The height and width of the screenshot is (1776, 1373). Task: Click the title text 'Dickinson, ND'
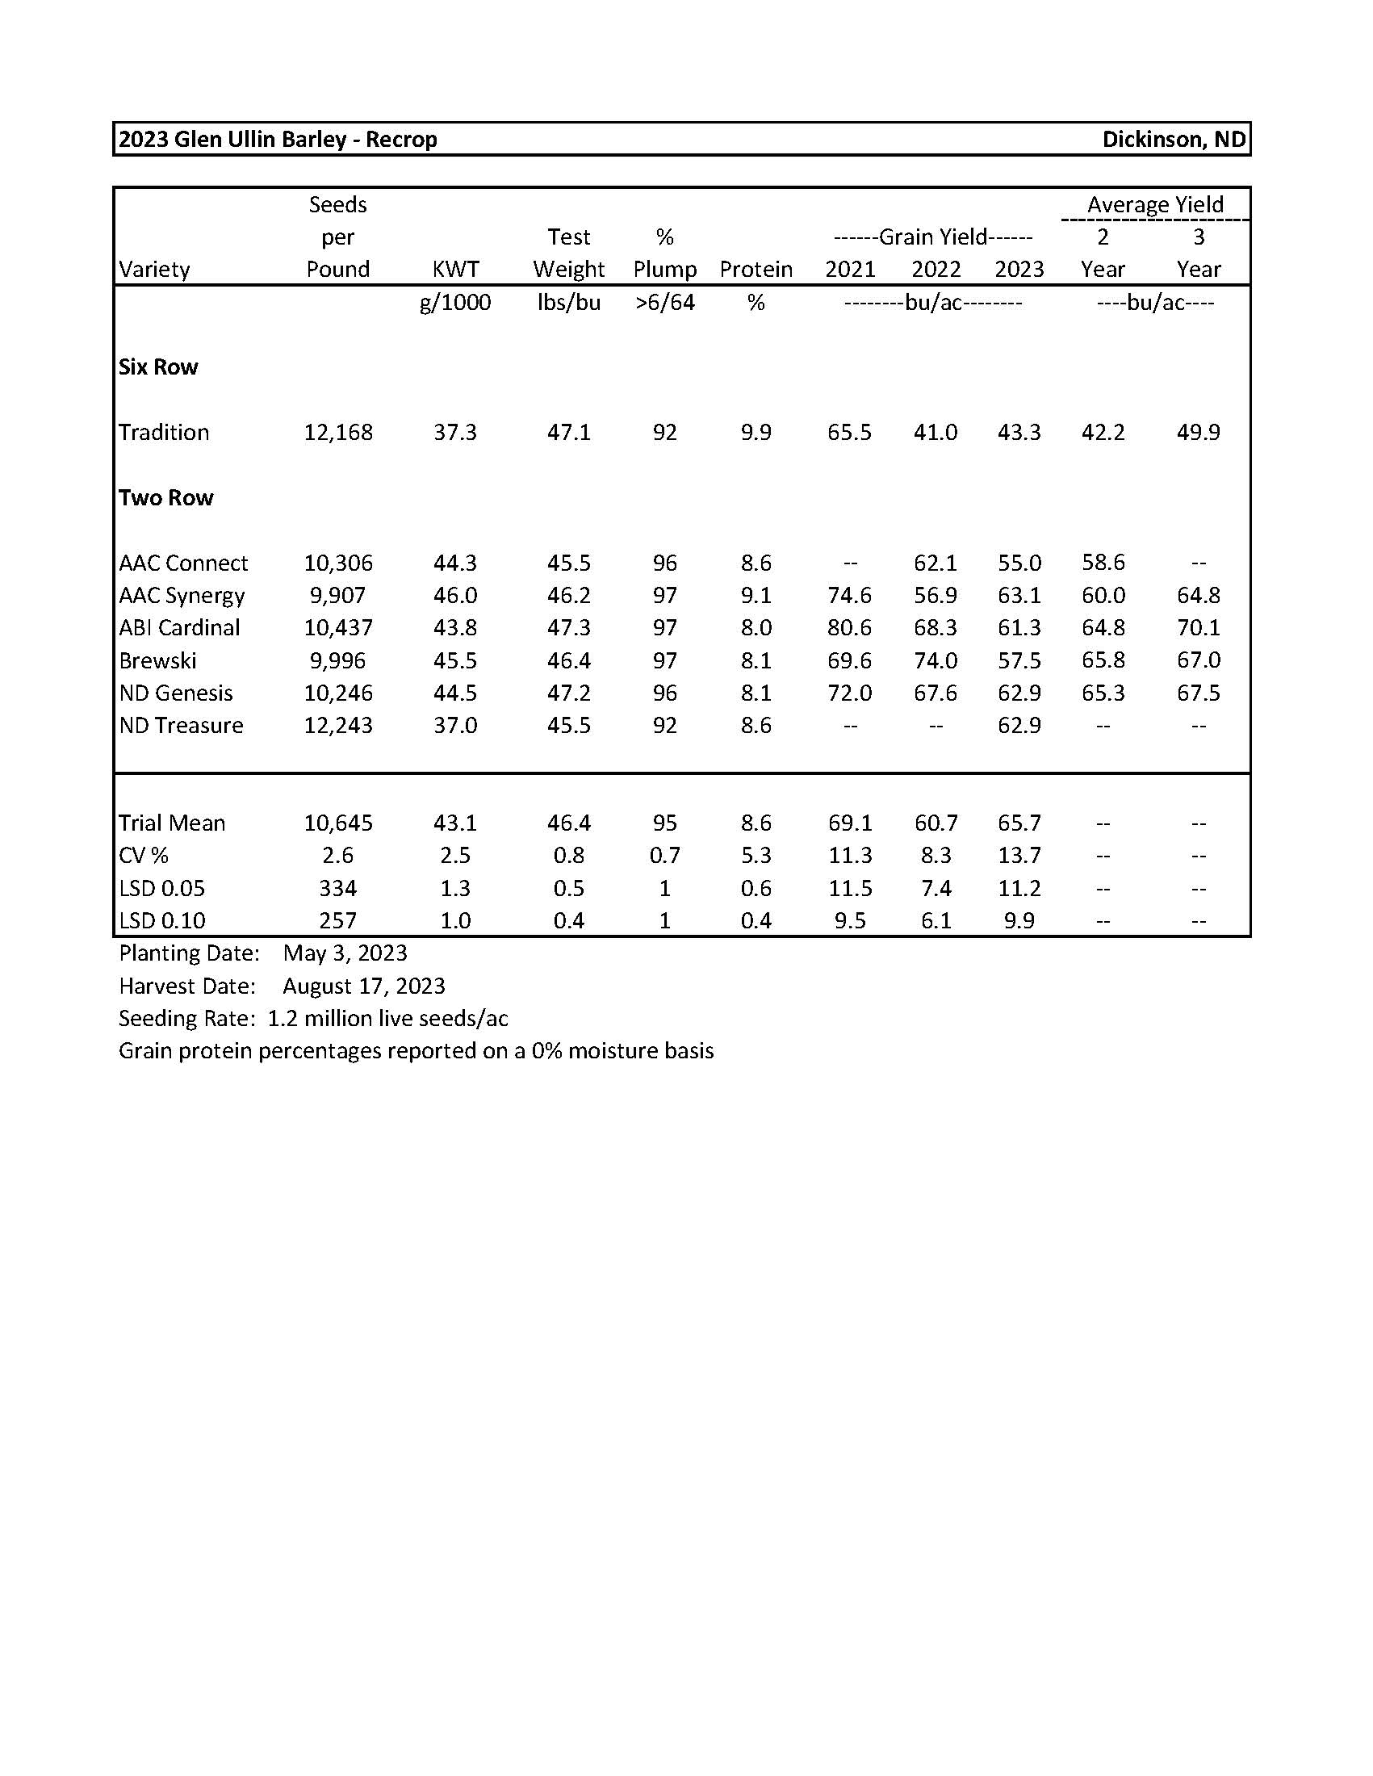[1173, 139]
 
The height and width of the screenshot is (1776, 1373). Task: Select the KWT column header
[455, 269]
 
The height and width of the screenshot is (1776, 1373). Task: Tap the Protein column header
[756, 269]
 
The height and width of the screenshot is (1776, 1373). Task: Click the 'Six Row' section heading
[158, 367]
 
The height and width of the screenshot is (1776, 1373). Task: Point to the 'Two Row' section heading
[165, 497]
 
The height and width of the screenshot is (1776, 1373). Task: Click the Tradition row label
[164, 432]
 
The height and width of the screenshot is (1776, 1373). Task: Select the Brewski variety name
[157, 660]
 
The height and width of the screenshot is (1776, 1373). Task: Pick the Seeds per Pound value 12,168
[338, 432]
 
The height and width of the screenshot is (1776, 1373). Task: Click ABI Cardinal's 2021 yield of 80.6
[849, 628]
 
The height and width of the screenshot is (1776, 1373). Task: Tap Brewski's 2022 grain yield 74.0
[935, 660]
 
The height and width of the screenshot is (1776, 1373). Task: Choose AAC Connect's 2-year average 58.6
[1103, 562]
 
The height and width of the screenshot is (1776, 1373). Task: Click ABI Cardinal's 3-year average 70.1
[1198, 628]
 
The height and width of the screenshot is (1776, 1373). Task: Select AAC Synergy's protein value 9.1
[756, 595]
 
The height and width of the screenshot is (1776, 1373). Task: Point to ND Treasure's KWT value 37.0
[455, 726]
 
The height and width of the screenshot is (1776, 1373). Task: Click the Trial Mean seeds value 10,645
[338, 823]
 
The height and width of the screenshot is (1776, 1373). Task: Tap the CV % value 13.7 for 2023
[1019, 856]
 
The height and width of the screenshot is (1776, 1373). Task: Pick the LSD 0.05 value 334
[338, 888]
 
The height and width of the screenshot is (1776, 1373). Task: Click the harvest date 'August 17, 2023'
[364, 986]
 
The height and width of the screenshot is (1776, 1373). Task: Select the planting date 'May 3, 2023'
[345, 953]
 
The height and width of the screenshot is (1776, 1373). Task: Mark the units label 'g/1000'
[455, 303]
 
